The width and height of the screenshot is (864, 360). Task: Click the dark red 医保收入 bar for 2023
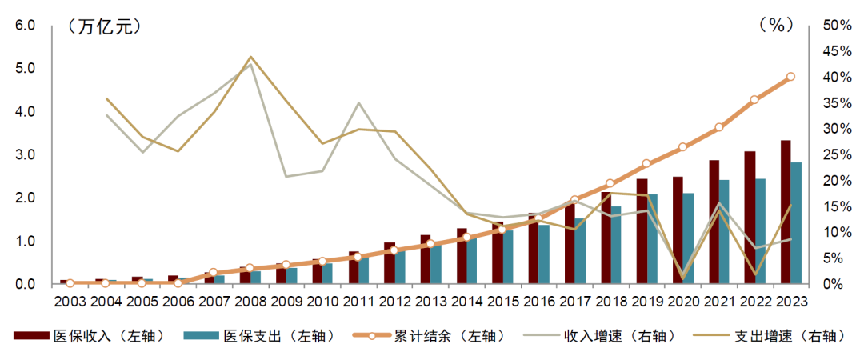click(786, 212)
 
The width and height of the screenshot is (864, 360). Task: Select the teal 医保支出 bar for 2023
click(796, 223)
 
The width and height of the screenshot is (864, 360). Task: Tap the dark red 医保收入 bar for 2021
click(714, 222)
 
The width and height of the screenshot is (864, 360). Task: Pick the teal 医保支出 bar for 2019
click(653, 239)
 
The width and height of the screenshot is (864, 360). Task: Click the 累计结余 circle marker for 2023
click(790, 77)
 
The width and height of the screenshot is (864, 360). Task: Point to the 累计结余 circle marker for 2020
click(682, 147)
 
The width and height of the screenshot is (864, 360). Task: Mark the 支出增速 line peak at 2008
click(250, 57)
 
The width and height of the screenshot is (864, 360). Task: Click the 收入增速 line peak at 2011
click(358, 103)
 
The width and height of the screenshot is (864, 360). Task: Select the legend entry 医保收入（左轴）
click(90, 337)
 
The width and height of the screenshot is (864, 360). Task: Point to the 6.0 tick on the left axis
click(25, 26)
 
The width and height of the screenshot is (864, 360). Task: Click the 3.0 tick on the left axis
click(25, 155)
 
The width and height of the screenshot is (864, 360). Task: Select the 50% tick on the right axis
click(835, 26)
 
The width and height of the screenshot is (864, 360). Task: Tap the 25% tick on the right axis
click(835, 155)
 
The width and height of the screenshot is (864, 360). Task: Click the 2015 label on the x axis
click(502, 302)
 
